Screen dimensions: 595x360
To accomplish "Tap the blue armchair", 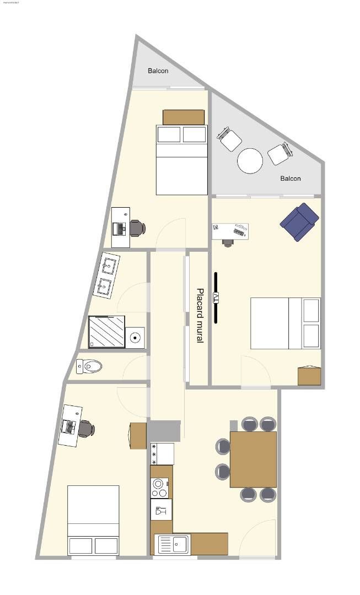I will [x=299, y=221].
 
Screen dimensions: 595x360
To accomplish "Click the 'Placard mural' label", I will [x=200, y=316].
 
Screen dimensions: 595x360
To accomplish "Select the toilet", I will [x=89, y=366].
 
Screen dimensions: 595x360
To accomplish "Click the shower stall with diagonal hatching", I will [x=106, y=332].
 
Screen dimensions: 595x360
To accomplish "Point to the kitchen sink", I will [x=174, y=544].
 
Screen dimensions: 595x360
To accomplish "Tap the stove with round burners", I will [x=160, y=487].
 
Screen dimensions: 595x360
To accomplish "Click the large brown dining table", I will [x=253, y=459].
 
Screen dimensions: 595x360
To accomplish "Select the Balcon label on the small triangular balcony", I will [x=158, y=71].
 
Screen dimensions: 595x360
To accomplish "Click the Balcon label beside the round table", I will [x=291, y=178].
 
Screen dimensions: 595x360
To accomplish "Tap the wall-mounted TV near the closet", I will [x=216, y=297].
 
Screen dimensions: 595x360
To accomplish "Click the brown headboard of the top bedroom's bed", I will [x=184, y=117].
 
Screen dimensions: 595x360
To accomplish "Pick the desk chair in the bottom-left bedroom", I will [x=86, y=429].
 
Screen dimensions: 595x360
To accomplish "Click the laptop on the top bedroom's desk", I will [x=119, y=226].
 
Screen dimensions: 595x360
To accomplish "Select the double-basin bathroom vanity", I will [x=108, y=276].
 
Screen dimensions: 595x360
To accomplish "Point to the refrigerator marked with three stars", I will [x=162, y=454].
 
